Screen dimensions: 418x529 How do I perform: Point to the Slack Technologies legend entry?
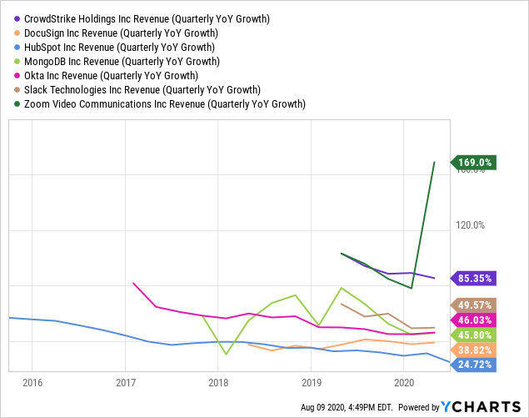[x=142, y=89]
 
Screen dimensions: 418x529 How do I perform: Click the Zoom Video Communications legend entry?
[x=165, y=104]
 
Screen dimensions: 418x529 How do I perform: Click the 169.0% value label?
[x=475, y=163]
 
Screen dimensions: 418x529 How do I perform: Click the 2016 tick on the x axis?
[x=32, y=382]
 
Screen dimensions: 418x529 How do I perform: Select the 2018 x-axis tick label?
[x=218, y=382]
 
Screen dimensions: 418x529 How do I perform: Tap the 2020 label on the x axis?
[x=404, y=382]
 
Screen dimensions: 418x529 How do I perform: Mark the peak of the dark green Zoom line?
[x=434, y=162]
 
